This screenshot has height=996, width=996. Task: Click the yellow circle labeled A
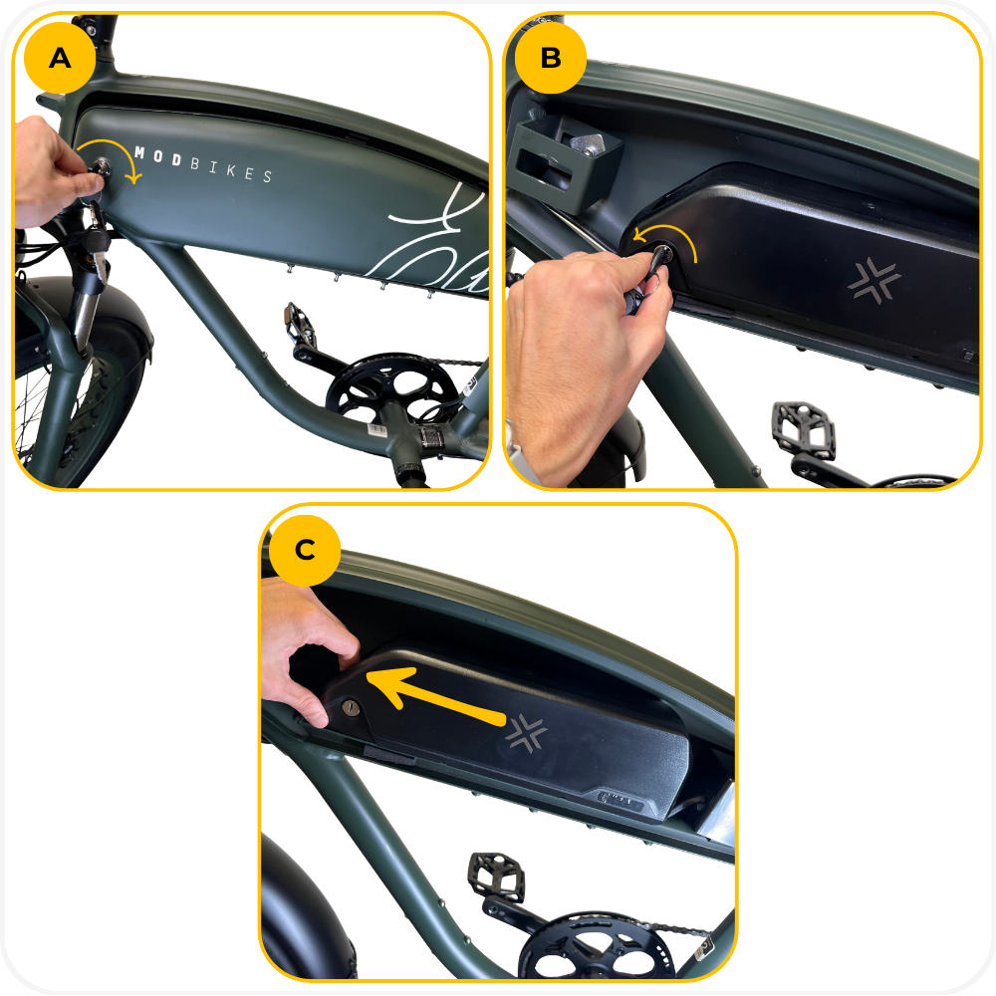(60, 58)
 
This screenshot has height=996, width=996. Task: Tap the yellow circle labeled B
(551, 58)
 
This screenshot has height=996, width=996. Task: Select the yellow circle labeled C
(305, 550)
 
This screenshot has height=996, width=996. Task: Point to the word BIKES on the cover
(232, 170)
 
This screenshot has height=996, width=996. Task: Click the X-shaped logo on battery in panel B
(874, 280)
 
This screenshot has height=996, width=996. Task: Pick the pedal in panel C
(496, 876)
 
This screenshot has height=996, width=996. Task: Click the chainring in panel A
(390, 388)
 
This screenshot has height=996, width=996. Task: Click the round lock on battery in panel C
(351, 707)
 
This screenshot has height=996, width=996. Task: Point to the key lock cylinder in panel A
(100, 167)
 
